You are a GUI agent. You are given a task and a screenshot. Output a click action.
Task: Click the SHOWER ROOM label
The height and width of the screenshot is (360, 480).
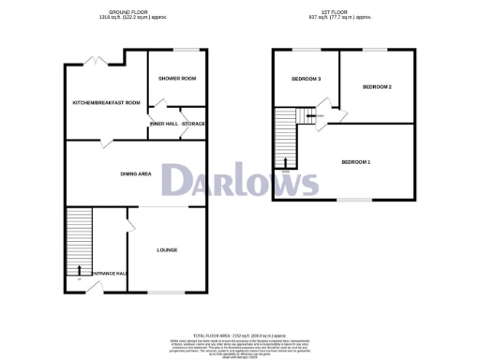tap(177, 78)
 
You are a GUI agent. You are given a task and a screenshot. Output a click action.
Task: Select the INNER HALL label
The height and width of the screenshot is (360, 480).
tap(163, 123)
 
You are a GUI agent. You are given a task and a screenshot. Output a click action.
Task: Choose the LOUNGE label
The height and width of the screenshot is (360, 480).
tap(167, 249)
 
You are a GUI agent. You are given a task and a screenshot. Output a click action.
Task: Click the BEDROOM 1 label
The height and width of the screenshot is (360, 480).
tap(355, 162)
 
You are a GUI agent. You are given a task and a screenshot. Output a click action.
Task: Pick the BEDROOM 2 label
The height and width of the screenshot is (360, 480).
tap(377, 86)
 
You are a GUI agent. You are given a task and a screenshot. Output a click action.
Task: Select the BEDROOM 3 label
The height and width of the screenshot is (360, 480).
tap(306, 79)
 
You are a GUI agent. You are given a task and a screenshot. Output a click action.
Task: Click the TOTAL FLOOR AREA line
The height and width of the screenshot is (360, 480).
tap(240, 335)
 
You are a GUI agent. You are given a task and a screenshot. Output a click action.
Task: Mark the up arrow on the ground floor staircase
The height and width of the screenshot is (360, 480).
tap(79, 270)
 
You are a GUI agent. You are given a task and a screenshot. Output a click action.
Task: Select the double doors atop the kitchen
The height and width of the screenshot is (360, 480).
tap(94, 61)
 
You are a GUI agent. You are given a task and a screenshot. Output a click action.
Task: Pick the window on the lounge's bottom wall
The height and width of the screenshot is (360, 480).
tap(167, 294)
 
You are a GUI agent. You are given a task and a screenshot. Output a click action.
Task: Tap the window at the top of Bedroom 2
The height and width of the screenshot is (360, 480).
tap(376, 49)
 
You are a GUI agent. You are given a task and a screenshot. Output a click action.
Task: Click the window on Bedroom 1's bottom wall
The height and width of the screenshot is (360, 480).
tap(354, 200)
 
